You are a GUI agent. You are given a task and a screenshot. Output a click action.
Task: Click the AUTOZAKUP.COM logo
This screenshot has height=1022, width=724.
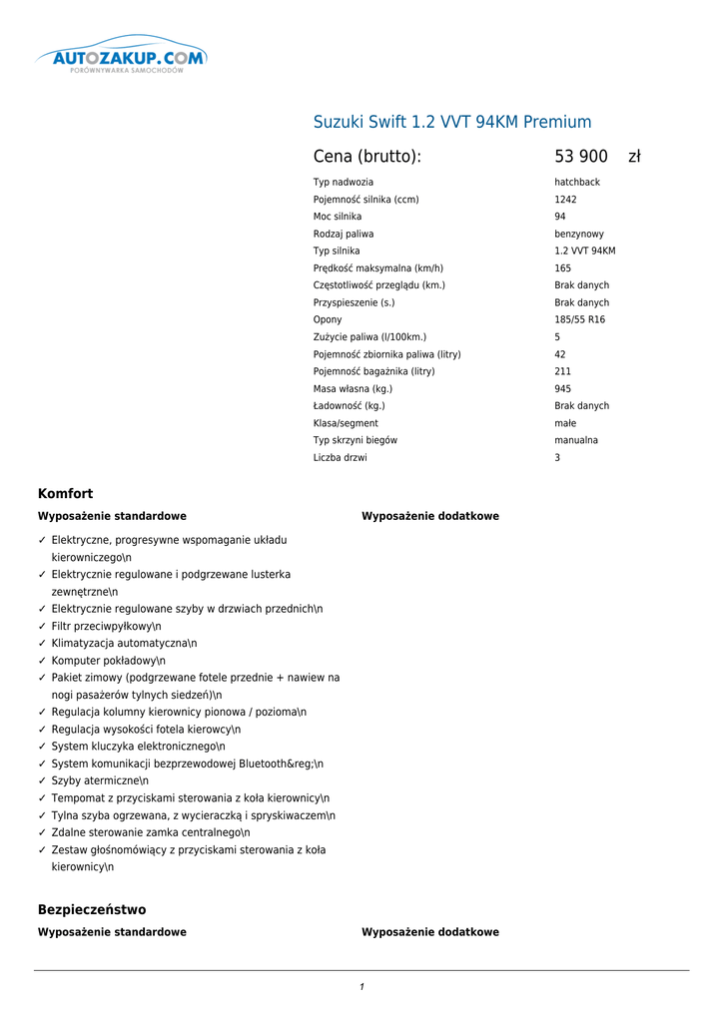click(121, 60)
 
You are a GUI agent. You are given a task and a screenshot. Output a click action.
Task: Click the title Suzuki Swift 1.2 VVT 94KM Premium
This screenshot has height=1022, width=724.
click(452, 123)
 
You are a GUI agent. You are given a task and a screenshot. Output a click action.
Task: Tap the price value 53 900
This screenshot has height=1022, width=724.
click(581, 157)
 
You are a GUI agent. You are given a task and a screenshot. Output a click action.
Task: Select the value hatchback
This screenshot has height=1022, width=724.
click(577, 183)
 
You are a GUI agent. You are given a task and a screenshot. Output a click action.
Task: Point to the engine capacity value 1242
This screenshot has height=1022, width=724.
click(565, 200)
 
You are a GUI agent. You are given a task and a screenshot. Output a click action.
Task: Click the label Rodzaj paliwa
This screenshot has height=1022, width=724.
click(344, 234)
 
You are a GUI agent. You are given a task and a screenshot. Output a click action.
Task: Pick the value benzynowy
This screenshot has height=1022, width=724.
click(579, 234)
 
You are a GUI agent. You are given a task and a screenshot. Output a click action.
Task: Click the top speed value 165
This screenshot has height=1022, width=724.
click(563, 268)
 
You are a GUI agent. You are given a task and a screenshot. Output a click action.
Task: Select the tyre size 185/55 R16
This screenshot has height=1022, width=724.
click(580, 320)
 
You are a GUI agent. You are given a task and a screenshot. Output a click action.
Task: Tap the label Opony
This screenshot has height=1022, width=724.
click(328, 320)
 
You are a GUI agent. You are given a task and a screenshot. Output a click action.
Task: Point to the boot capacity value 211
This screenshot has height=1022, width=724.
click(563, 371)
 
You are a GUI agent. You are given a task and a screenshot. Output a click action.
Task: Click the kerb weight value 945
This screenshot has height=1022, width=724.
click(563, 389)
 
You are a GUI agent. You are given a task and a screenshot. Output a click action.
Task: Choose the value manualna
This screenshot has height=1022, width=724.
click(576, 440)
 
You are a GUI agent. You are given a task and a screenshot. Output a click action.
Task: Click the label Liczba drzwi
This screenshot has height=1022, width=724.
click(341, 458)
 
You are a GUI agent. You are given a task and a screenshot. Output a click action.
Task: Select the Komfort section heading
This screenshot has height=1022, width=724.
click(66, 494)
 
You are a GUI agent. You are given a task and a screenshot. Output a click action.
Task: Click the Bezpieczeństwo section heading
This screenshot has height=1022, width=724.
click(92, 910)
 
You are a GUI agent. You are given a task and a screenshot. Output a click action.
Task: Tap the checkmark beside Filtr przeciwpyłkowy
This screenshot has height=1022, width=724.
click(42, 627)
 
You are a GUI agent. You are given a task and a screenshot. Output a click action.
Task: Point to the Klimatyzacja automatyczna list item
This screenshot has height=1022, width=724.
click(124, 644)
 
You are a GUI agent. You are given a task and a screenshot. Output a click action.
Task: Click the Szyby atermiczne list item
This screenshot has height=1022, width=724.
click(100, 781)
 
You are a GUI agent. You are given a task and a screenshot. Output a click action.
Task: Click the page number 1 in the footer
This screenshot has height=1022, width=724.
click(362, 987)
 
